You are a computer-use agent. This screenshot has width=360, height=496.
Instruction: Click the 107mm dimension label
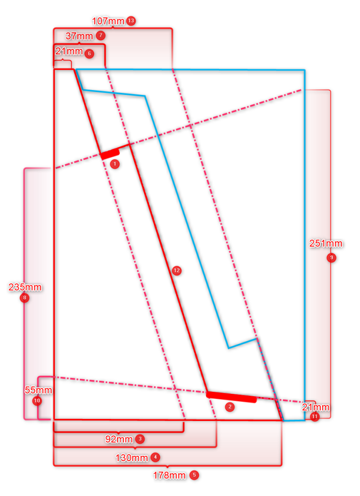coord(108,21)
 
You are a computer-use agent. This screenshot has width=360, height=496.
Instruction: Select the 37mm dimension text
coord(79,36)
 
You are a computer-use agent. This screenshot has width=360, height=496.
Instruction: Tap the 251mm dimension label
coord(326,243)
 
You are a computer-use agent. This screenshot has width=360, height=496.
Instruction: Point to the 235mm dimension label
coord(25,287)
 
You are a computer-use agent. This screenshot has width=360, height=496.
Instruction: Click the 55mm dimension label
coord(38,390)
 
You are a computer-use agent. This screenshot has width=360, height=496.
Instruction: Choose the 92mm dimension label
coord(119,439)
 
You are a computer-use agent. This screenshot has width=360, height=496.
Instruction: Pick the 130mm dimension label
coord(132,458)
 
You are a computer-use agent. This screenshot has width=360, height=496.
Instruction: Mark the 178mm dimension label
coord(169,475)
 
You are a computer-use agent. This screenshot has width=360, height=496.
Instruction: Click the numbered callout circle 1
coord(115,164)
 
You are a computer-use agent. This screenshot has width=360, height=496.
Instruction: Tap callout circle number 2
coord(230,407)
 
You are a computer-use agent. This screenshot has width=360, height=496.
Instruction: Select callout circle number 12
coord(177,270)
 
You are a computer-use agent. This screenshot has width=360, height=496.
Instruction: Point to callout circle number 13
coord(131,21)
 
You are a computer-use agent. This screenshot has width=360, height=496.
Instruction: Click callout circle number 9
coord(331,258)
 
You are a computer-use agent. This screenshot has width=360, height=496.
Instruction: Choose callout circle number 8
coord(25,298)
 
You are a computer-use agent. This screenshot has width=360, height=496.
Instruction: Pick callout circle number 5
coord(195,475)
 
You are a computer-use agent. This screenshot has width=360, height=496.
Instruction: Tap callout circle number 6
coord(90,53)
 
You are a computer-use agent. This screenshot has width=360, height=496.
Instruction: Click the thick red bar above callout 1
coord(110,154)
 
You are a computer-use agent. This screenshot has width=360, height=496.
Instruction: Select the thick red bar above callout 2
coord(231,397)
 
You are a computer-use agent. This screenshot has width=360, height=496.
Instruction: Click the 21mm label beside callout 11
coord(316,407)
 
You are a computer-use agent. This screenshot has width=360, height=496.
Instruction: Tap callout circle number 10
coord(37,401)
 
